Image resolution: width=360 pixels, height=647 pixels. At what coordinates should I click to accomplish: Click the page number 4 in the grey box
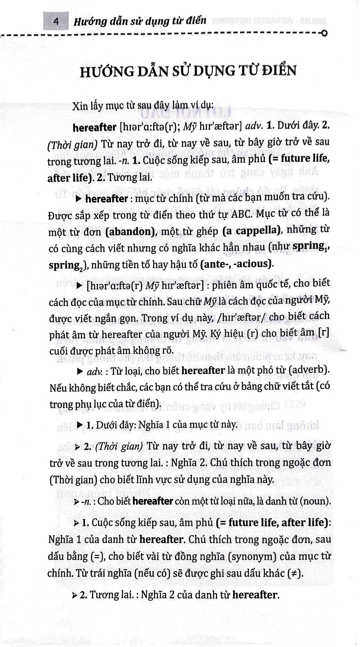click(x=56, y=22)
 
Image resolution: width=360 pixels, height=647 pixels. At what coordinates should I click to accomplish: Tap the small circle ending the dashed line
click(x=324, y=33)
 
